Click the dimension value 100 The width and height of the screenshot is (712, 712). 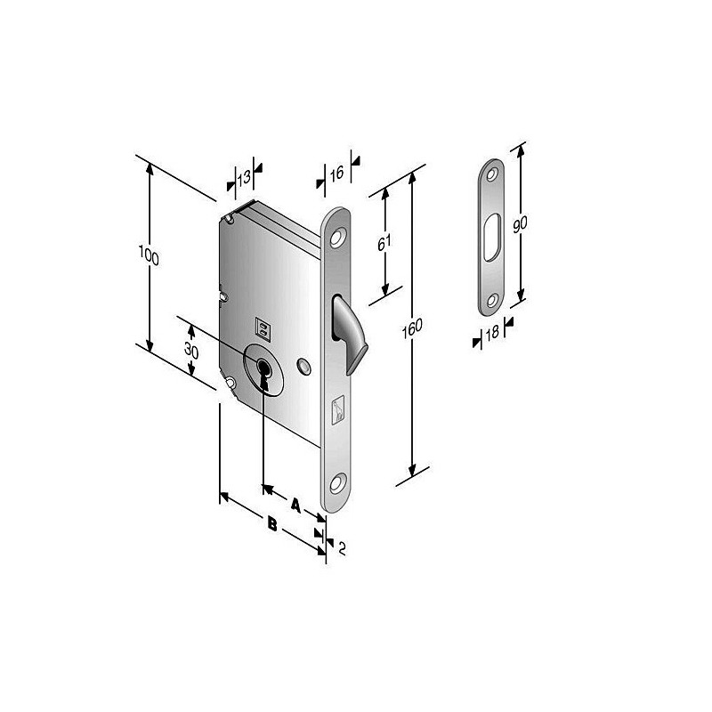click(x=149, y=255)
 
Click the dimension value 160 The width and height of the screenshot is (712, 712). click(x=412, y=328)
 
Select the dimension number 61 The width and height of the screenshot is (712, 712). click(x=384, y=243)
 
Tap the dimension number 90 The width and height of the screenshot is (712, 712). click(x=520, y=225)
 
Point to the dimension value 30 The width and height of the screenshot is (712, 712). click(x=191, y=351)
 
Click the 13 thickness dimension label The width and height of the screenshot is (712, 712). click(x=244, y=177)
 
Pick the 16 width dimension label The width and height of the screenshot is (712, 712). click(x=336, y=174)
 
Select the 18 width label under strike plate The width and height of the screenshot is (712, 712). click(x=492, y=333)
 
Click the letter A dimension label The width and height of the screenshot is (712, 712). click(x=295, y=505)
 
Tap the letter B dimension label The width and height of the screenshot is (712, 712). click(x=272, y=524)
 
